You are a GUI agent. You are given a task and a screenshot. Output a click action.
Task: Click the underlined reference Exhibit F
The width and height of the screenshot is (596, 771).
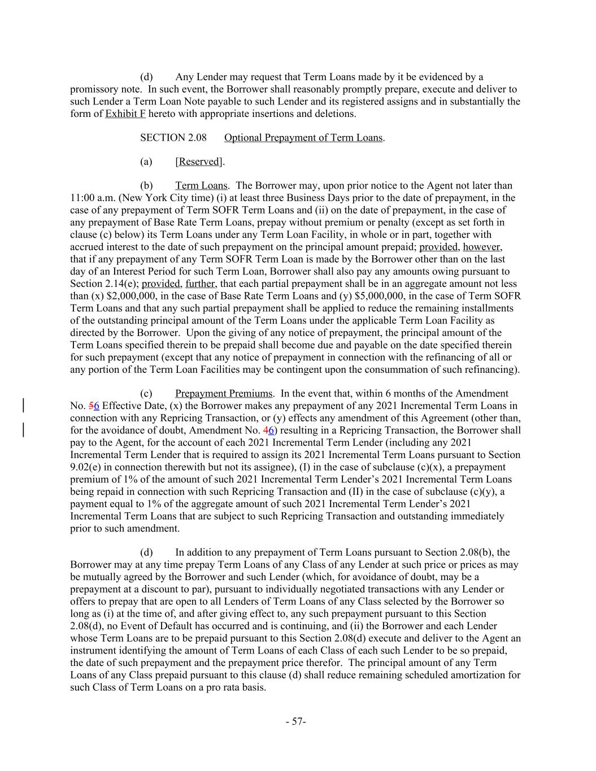point(125,114)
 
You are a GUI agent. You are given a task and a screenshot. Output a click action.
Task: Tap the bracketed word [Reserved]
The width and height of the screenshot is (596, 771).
point(199,162)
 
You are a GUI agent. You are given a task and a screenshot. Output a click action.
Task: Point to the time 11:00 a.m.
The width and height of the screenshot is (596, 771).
point(92,198)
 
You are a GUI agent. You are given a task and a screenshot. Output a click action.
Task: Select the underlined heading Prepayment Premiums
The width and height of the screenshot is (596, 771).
point(224,394)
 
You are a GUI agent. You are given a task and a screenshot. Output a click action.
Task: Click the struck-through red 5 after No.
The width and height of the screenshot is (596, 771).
point(91,406)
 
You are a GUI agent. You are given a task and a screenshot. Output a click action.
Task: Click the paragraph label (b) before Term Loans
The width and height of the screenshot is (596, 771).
point(146,186)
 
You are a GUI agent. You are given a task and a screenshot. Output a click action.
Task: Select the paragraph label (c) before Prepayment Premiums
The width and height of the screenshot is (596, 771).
point(146,394)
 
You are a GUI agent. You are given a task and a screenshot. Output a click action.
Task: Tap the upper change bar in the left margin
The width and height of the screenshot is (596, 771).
point(23,406)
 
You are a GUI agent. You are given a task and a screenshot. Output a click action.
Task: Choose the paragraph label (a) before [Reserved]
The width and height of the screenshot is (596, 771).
point(146,162)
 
